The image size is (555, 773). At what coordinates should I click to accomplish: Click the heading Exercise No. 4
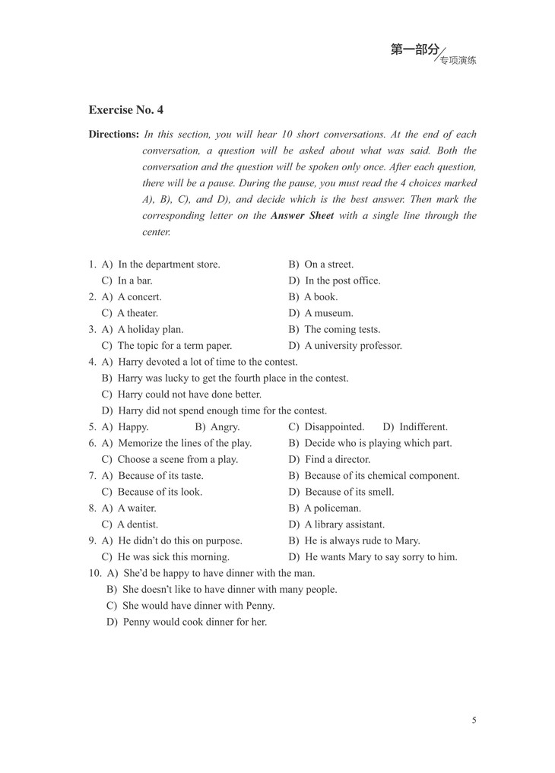(125, 110)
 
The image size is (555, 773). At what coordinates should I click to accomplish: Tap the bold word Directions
(113, 135)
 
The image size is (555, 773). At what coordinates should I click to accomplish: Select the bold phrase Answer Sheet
(302, 216)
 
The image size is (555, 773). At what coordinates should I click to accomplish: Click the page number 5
(474, 721)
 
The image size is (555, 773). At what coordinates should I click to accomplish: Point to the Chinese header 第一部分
(414, 50)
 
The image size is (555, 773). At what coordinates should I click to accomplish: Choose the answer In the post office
(342, 280)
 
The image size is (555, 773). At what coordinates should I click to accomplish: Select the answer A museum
(328, 313)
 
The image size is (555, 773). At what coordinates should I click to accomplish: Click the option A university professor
(353, 346)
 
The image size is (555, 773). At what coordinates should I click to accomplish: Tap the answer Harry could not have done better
(189, 394)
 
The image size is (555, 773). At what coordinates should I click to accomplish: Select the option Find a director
(337, 460)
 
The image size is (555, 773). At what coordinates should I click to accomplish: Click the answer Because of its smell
(349, 492)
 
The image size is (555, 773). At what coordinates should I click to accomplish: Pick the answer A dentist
(138, 524)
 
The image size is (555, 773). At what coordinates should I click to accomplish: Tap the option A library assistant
(344, 524)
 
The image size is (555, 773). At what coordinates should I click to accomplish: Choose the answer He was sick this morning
(173, 557)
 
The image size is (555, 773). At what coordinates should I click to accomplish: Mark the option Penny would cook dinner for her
(195, 622)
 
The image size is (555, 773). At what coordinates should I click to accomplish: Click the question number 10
(94, 573)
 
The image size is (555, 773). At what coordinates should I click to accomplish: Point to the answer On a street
(328, 265)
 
